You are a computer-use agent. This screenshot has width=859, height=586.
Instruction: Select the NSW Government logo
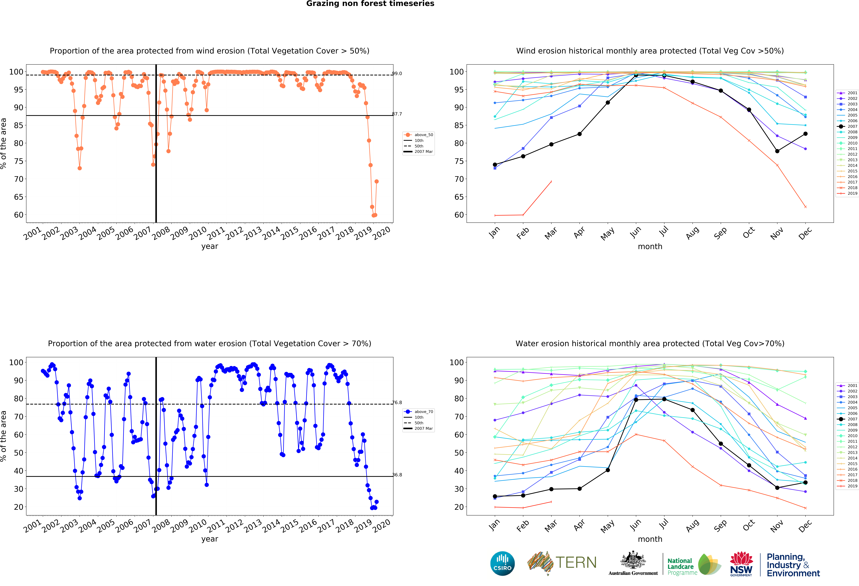tap(741, 564)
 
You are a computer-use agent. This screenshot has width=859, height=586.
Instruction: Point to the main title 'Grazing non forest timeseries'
tap(370, 4)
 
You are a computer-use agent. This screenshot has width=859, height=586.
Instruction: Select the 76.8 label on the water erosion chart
tap(397, 403)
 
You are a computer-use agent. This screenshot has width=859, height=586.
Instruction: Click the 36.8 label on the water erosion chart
tap(397, 475)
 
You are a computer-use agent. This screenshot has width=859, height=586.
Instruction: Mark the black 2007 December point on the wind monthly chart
tap(805, 134)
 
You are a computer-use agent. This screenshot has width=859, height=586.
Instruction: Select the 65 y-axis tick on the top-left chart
tap(19, 197)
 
